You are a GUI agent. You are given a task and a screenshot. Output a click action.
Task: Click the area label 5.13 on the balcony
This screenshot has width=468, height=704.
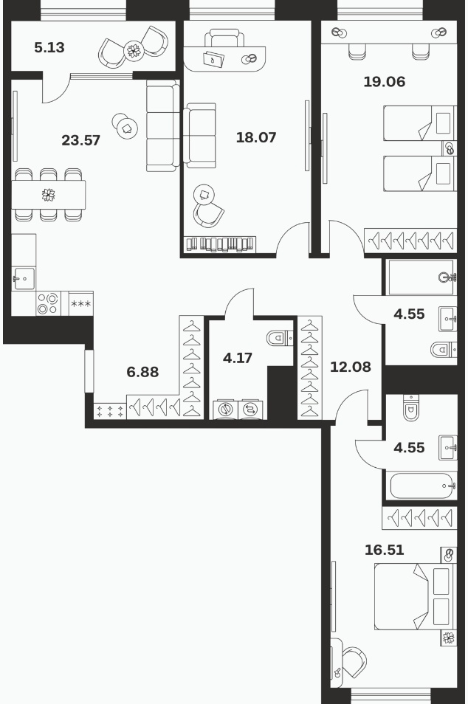coord(49,47)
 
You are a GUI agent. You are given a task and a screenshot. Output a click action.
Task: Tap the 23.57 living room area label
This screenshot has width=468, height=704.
coord(81,140)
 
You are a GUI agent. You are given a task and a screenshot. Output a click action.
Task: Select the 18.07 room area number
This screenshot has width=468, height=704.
coord(256,137)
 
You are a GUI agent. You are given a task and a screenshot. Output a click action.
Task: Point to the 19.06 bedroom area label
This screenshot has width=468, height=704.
coord(385,82)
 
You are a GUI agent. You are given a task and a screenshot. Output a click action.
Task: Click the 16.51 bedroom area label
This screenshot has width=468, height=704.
coord(385,550)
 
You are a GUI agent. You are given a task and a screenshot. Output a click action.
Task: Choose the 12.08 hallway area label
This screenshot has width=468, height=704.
coord(351,367)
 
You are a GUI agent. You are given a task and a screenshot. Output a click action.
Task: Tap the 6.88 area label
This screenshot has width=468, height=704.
coord(142,372)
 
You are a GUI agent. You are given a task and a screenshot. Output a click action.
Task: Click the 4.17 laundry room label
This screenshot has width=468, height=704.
coord(238,358)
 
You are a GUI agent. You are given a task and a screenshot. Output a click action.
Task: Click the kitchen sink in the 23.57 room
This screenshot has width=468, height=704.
coord(24,279)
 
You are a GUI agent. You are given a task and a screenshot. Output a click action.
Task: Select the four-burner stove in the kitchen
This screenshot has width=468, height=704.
coord(48,303)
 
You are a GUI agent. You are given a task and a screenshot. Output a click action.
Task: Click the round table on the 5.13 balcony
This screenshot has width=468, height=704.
coord(134,50)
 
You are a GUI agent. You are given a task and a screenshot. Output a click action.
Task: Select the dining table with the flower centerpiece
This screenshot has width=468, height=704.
coord(49,195)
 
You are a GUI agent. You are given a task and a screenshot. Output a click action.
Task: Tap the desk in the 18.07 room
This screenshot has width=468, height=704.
coord(225,57)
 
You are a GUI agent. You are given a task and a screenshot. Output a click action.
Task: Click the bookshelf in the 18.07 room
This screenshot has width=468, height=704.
coord(220,244)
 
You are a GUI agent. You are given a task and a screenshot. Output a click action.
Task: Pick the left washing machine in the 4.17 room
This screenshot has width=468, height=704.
coord(225,410)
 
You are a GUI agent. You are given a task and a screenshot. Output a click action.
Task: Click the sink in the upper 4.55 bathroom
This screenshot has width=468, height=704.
coord(448,320)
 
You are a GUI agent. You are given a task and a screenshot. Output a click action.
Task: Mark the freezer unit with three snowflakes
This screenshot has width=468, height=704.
coord(81,304)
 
